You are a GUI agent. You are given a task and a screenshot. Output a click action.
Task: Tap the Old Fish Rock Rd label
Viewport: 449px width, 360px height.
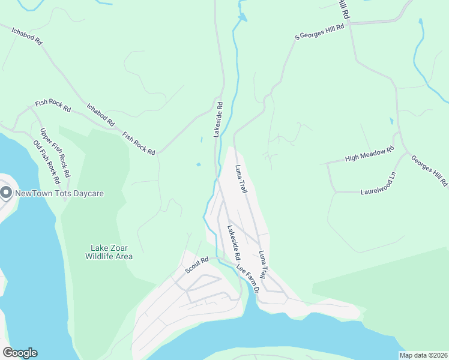47,162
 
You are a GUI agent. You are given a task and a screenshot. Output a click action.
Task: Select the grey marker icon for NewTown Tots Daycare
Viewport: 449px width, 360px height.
7,193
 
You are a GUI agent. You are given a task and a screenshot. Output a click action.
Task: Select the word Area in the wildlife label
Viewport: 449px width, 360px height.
124,256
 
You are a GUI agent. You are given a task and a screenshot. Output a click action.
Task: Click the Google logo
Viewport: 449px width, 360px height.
20,353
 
